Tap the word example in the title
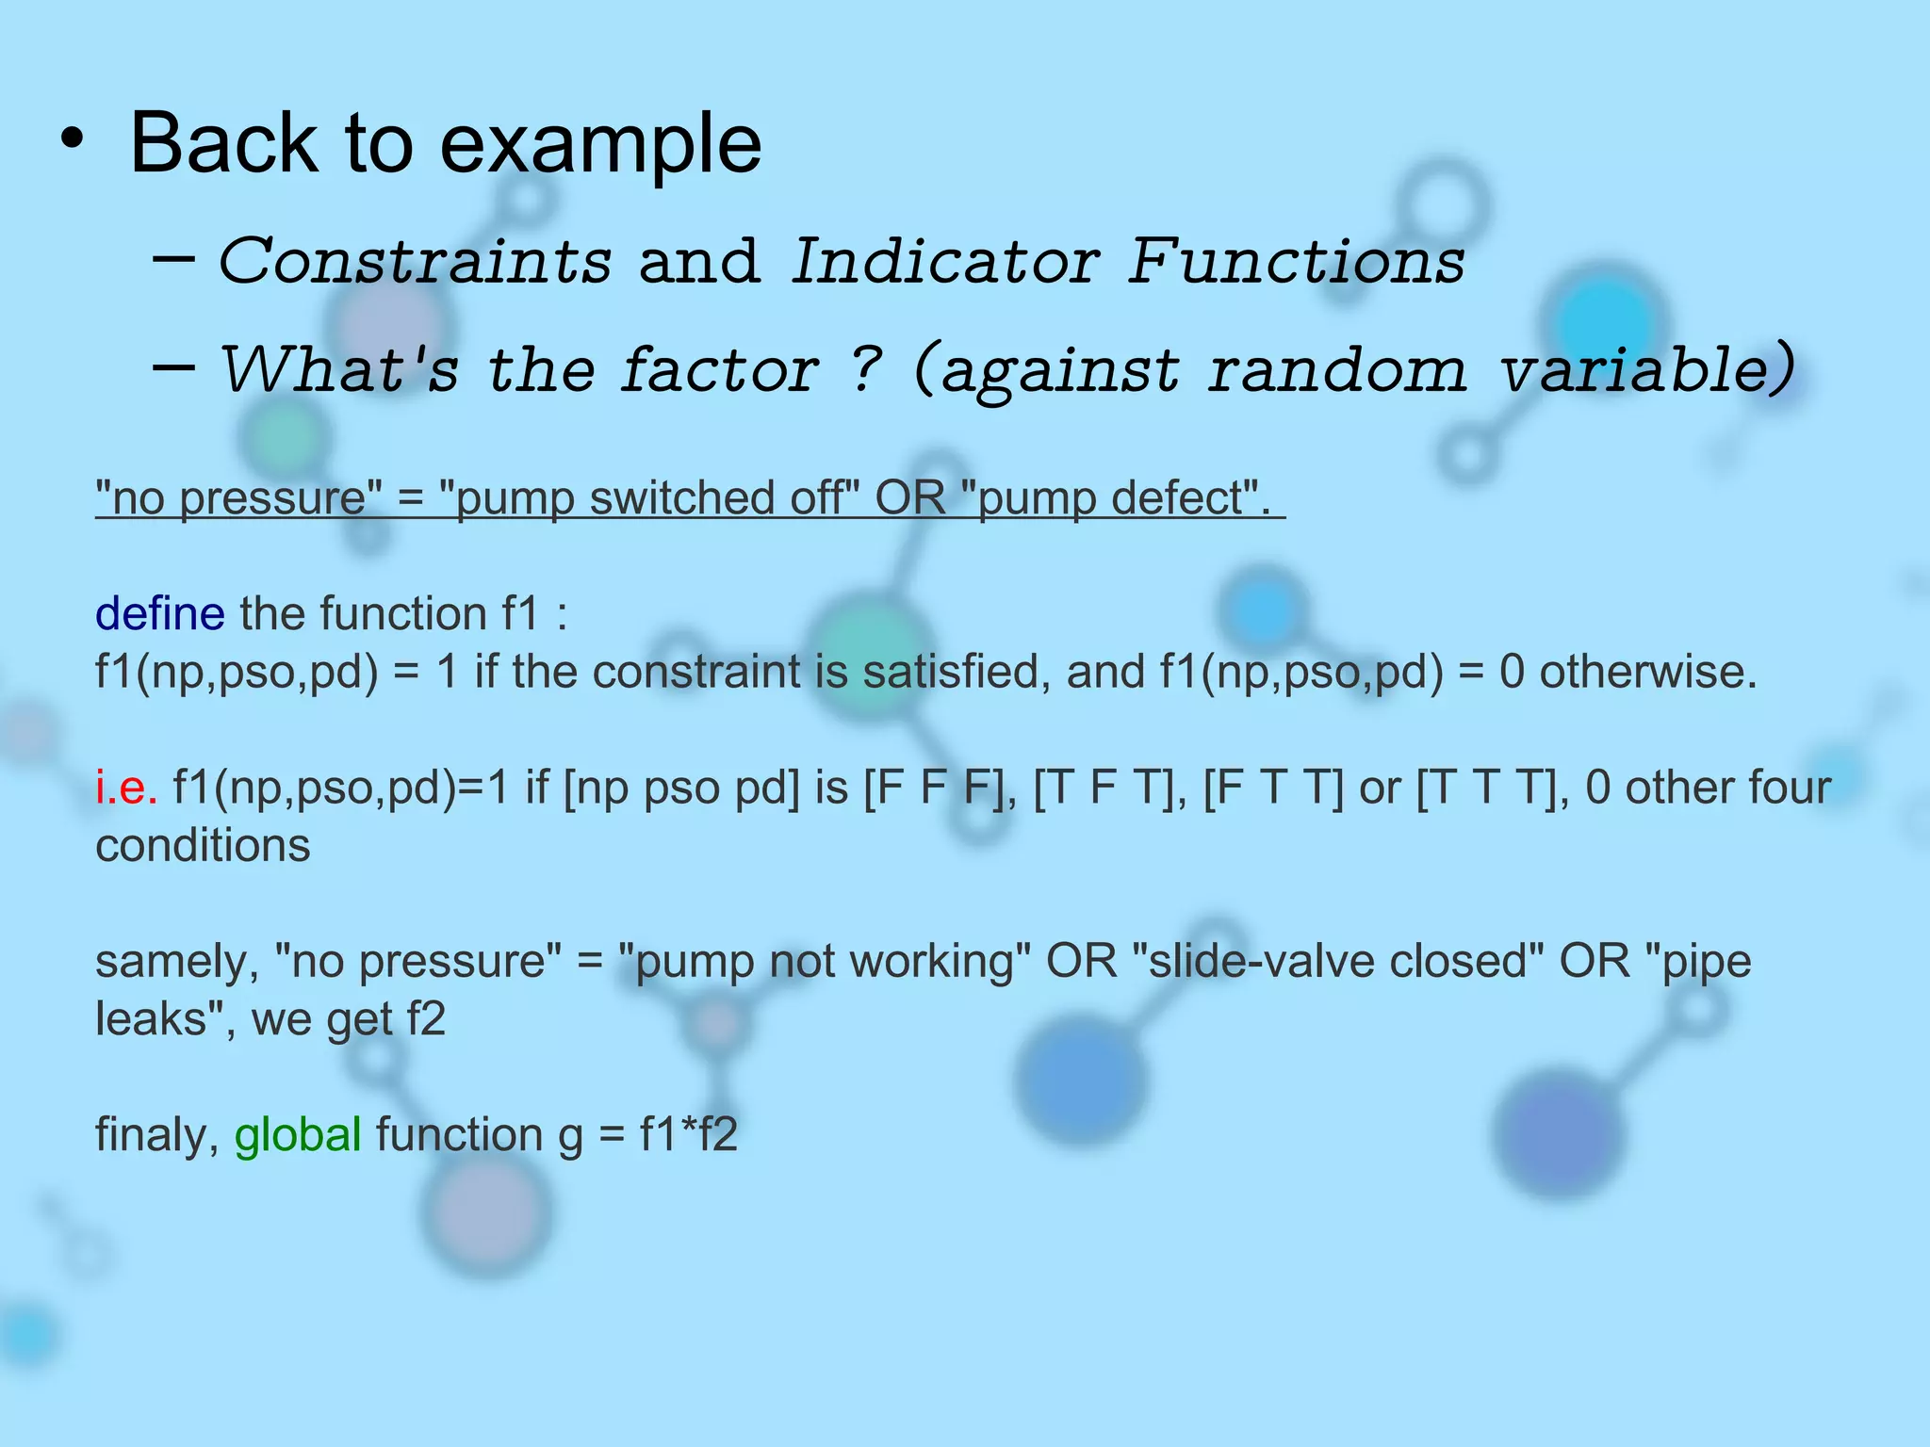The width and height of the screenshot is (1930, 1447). pos(600,146)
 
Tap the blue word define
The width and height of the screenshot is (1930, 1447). pos(159,613)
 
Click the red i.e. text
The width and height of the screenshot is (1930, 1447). pos(125,787)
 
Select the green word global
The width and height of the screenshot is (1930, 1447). pos(297,1134)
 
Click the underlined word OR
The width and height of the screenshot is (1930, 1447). pos(909,497)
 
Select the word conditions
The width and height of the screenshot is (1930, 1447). pos(203,845)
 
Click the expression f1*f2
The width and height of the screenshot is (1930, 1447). pos(688,1134)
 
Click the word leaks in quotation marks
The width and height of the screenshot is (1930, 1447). pos(154,1018)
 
